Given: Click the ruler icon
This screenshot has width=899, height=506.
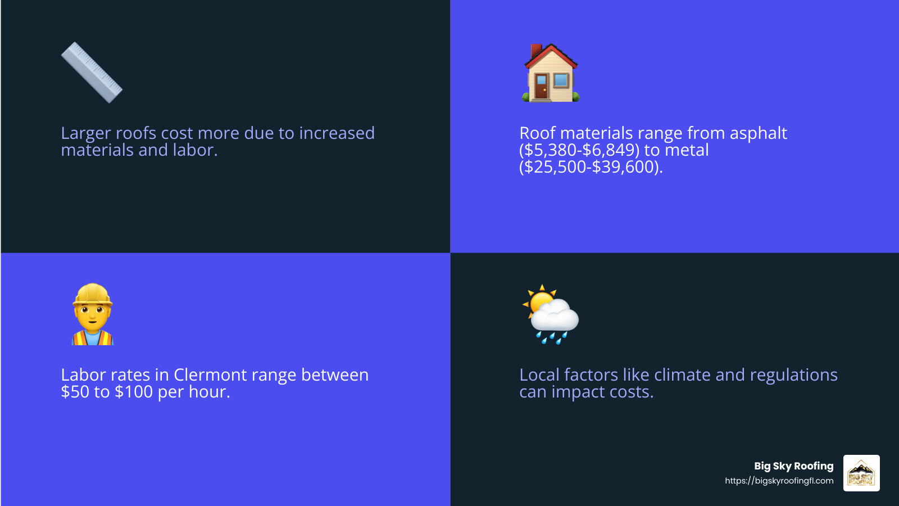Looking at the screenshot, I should tap(92, 73).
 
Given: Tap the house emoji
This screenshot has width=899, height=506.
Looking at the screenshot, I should tap(551, 73).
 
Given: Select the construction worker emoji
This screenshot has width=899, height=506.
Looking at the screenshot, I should tap(93, 314).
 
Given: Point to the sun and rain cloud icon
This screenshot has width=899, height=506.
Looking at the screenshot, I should tap(551, 314).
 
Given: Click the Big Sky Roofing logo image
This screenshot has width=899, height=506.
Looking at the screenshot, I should tap(861, 473).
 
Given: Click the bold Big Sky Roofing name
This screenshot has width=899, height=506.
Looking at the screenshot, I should tap(793, 466).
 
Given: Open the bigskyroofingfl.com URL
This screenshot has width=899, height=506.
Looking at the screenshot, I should tap(779, 481).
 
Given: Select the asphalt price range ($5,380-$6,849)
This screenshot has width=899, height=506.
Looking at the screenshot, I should tap(579, 150).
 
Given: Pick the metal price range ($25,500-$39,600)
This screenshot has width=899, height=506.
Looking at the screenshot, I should tap(590, 167).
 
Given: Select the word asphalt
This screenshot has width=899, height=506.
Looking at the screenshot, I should tap(758, 133).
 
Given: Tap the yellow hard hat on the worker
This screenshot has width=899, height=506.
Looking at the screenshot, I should tap(93, 293).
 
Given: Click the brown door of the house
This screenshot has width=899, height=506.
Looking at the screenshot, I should tap(541, 87).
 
